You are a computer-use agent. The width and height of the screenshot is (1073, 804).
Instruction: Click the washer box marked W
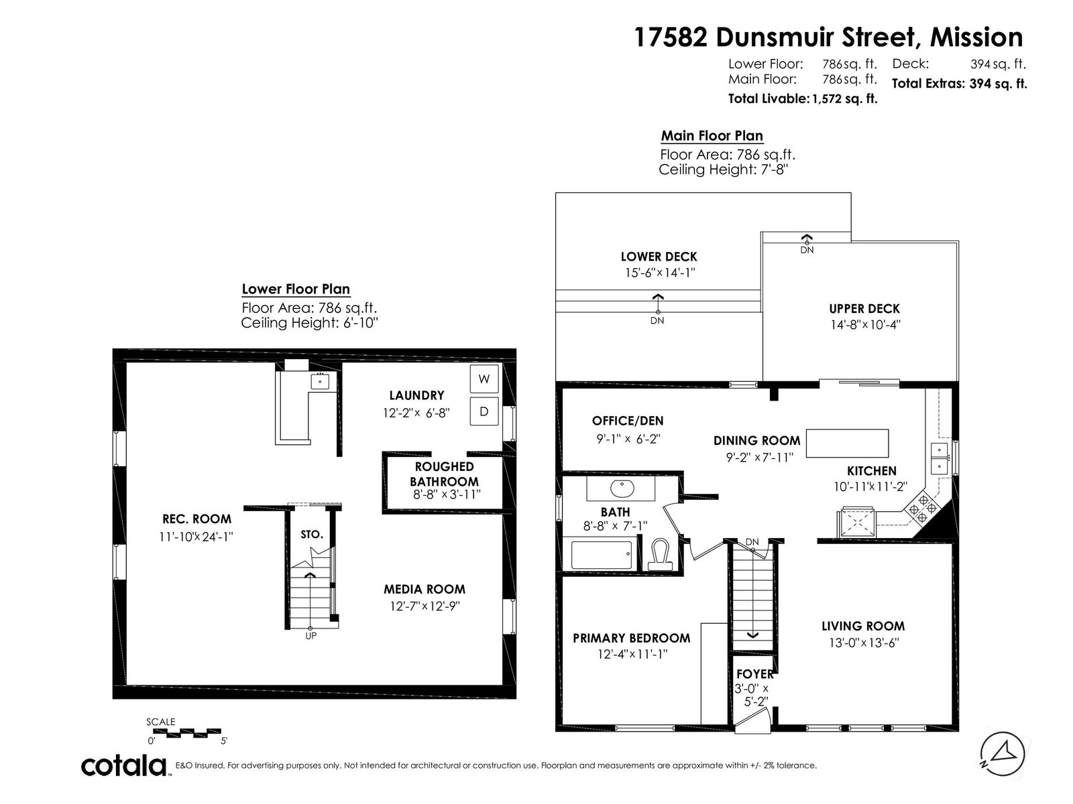[x=484, y=379]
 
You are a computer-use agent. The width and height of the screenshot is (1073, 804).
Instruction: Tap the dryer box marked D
[x=484, y=411]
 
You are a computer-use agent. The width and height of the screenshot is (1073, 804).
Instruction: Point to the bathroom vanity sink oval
[x=622, y=488]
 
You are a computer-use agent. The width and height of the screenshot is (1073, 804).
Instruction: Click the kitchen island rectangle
[x=847, y=443]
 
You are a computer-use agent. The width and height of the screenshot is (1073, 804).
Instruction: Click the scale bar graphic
[x=186, y=732]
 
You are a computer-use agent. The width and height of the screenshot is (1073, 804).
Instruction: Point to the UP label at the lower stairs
[x=311, y=636]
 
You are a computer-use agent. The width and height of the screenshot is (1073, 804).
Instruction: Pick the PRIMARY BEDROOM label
[x=631, y=638]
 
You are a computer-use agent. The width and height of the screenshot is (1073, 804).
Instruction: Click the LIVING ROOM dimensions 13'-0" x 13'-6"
[x=863, y=643]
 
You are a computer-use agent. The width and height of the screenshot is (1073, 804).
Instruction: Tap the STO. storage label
[x=311, y=535]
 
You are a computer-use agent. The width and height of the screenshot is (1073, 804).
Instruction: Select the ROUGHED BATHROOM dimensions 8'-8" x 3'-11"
[x=447, y=494]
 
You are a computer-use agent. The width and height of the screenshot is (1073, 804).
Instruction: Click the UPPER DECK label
[x=864, y=308]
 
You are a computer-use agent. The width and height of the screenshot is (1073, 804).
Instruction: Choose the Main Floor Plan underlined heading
[x=712, y=136]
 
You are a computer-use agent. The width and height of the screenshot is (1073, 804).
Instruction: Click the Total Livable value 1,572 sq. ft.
[x=845, y=98]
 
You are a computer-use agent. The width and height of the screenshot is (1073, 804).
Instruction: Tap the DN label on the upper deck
[x=807, y=250]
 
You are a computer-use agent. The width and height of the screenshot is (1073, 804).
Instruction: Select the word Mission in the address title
[x=976, y=37]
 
